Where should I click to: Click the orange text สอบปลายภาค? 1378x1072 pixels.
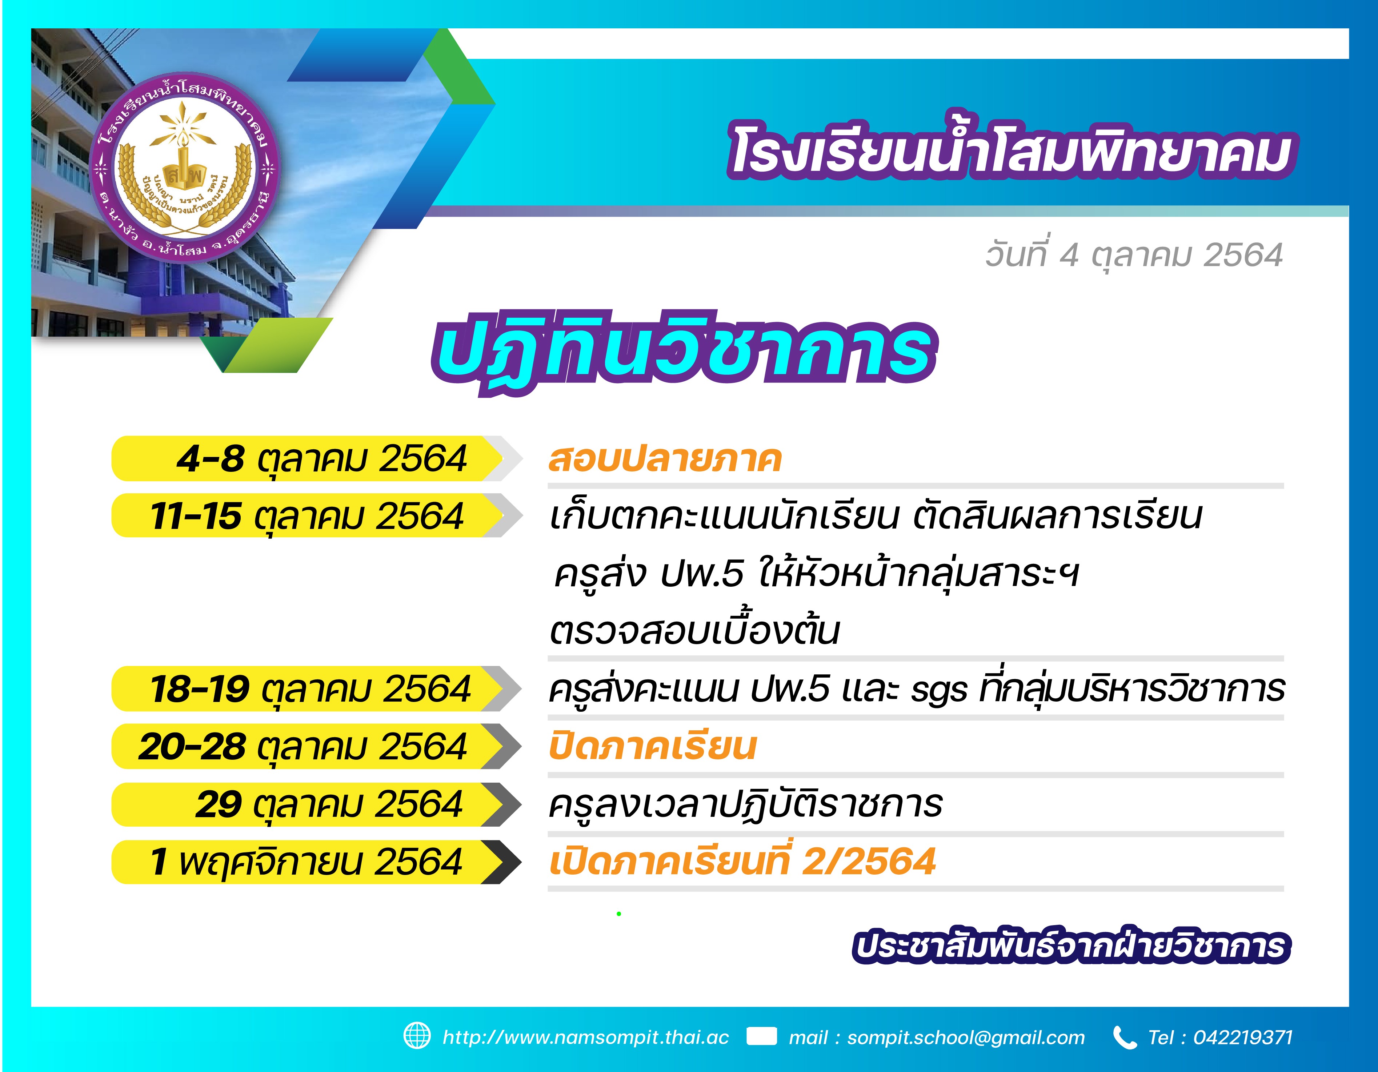tap(665, 459)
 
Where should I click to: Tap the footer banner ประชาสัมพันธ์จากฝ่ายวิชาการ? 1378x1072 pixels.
tap(1071, 947)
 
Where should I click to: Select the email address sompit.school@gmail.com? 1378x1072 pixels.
tap(966, 1037)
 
